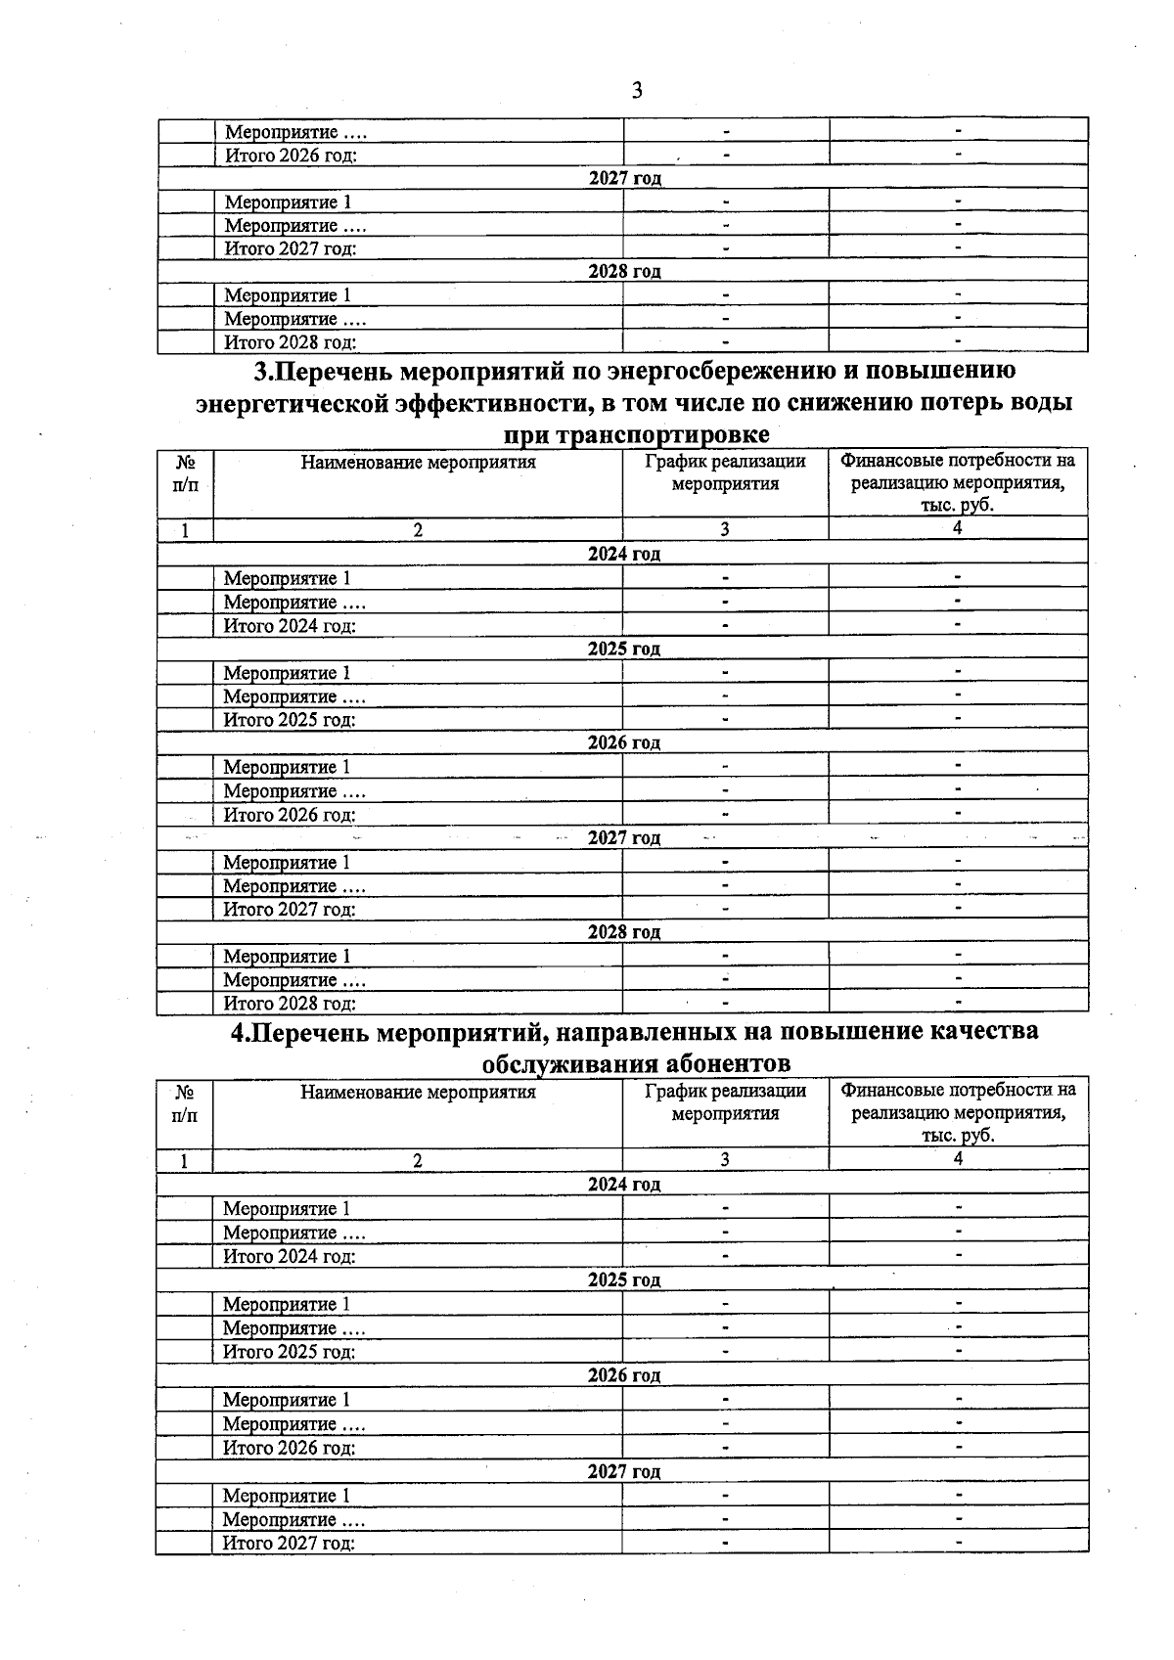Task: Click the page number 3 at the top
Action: click(636, 91)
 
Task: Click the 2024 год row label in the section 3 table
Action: click(623, 554)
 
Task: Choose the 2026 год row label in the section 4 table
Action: click(623, 1375)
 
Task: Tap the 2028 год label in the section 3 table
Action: click(623, 931)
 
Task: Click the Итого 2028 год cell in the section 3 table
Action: click(290, 1003)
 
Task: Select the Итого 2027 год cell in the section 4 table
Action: click(289, 1543)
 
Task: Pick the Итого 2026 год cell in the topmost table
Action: click(291, 155)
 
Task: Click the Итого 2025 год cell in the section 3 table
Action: click(290, 720)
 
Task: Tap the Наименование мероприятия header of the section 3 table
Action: click(418, 463)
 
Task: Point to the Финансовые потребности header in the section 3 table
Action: click(958, 482)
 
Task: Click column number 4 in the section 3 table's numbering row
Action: click(958, 528)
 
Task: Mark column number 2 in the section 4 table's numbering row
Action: click(418, 1160)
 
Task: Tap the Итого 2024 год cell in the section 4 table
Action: click(290, 1256)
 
